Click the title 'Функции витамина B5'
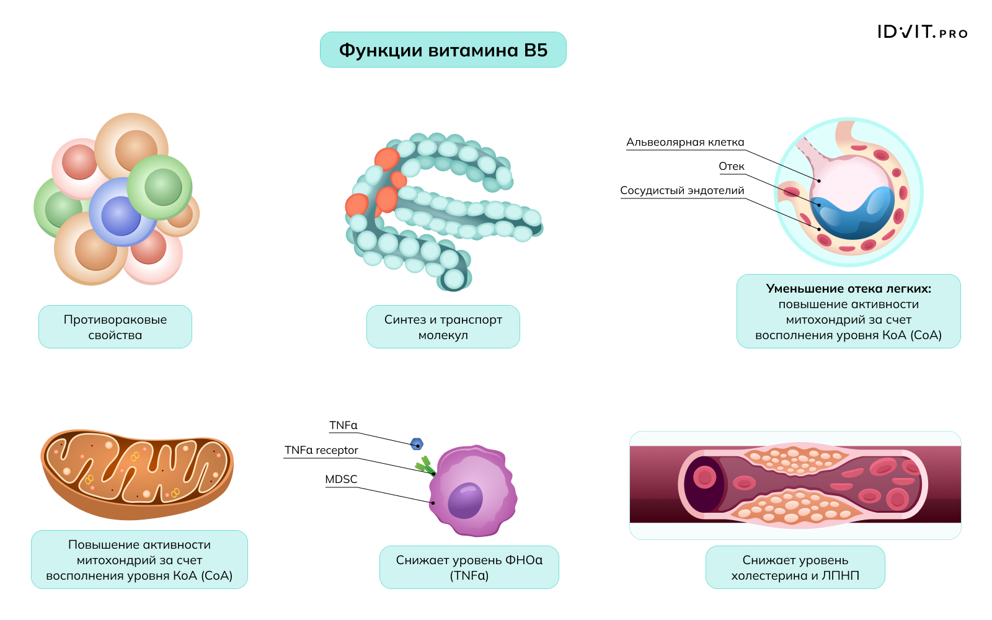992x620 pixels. tap(443, 50)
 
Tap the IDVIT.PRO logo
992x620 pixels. tap(922, 32)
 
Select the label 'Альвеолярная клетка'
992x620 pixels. tap(684, 143)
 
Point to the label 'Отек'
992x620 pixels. tap(731, 166)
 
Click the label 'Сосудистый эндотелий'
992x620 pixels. tap(682, 191)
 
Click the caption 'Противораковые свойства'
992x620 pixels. tap(115, 327)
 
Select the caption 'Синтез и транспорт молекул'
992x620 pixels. tap(443, 327)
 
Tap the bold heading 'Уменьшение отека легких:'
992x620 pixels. tap(848, 288)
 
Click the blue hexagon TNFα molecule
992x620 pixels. tap(417, 444)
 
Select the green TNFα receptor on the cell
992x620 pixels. tap(425, 466)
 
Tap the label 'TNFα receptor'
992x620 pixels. tap(321, 450)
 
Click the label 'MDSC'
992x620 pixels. tap(341, 479)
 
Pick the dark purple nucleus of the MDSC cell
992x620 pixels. tap(466, 500)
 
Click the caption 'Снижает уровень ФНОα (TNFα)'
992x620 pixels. tap(469, 567)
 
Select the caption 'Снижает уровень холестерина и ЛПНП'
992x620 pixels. tap(795, 567)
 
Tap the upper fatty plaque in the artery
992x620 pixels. tap(797, 459)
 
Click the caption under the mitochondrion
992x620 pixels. tap(139, 560)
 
